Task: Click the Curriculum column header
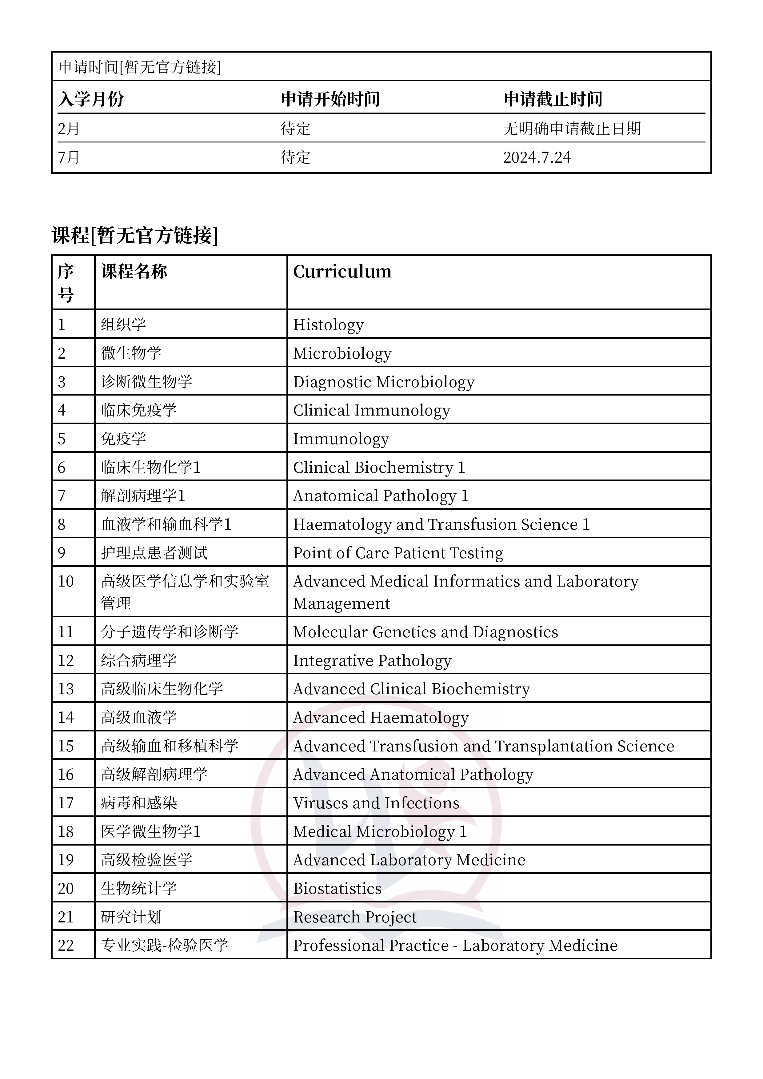(342, 272)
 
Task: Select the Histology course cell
(328, 325)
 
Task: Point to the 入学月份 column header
(91, 99)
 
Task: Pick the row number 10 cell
(66, 581)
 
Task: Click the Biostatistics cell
(337, 888)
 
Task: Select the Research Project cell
(354, 917)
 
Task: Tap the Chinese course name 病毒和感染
(139, 803)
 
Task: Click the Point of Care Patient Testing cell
(398, 553)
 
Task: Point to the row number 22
(66, 945)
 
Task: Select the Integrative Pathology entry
(372, 660)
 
